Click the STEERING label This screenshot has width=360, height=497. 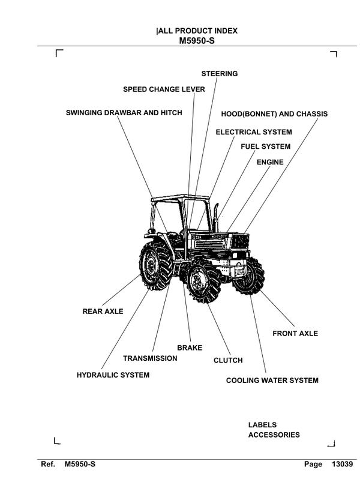[219, 74]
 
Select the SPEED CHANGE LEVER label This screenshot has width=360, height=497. [164, 89]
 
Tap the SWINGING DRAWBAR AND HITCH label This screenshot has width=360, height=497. [124, 112]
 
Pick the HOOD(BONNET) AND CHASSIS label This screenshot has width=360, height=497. [274, 113]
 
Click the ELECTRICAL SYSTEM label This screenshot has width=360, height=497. [254, 132]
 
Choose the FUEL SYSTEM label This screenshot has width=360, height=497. [265, 146]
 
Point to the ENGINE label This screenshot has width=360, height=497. [270, 162]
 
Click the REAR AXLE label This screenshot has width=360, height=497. [103, 312]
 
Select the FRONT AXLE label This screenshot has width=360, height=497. [295, 333]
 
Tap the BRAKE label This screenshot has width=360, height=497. [190, 348]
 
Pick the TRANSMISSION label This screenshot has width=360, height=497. [150, 358]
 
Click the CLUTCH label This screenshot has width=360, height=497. [228, 360]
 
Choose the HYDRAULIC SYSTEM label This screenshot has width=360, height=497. [113, 375]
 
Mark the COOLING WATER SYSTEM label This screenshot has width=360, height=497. [272, 381]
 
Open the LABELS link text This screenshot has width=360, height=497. [262, 425]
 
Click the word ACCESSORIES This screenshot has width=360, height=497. [274, 435]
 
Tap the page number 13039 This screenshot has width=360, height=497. [341, 465]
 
